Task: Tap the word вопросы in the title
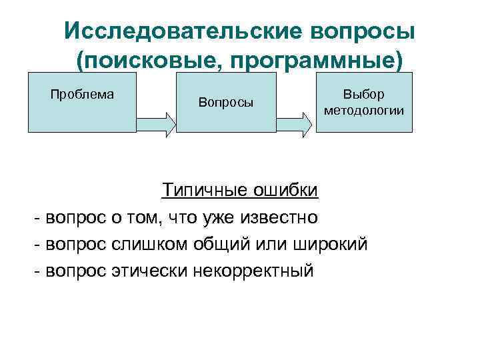tap(357, 31)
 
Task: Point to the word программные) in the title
tap(317, 61)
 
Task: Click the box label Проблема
tap(82, 94)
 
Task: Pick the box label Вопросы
tap(226, 103)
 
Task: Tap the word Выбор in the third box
tap(364, 95)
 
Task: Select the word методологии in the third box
tap(364, 110)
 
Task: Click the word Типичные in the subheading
tap(205, 191)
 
